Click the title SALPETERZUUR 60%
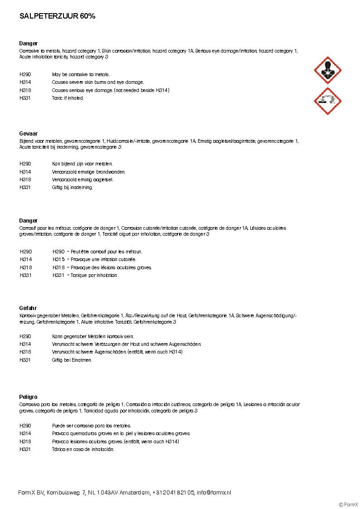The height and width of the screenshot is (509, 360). point(57,16)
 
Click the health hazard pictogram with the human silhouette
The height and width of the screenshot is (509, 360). point(327,70)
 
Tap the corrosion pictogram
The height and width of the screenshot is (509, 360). point(327,101)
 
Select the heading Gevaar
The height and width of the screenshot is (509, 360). point(28,134)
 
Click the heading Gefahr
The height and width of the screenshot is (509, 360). point(28,308)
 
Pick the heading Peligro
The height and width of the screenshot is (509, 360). point(28,397)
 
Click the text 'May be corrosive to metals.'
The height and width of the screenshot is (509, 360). point(81,74)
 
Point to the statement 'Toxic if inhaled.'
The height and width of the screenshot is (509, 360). point(68,98)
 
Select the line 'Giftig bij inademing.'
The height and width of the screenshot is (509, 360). point(72,187)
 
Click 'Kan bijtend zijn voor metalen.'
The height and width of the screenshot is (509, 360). point(82,164)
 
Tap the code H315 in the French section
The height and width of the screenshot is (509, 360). point(58,259)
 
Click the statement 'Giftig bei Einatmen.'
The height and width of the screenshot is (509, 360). point(72,360)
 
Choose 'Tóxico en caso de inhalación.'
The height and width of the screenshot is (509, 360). point(83,449)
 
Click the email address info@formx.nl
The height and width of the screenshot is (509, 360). point(214,492)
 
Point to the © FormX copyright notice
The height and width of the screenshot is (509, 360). point(348,504)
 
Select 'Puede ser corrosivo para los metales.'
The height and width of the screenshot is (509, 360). point(91,426)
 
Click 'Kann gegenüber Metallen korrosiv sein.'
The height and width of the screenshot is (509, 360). point(92,336)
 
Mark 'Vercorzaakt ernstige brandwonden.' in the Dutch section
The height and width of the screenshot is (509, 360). point(88,172)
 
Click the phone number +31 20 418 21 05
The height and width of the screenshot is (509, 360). point(173,492)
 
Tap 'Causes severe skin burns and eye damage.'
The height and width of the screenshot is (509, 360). point(97,82)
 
